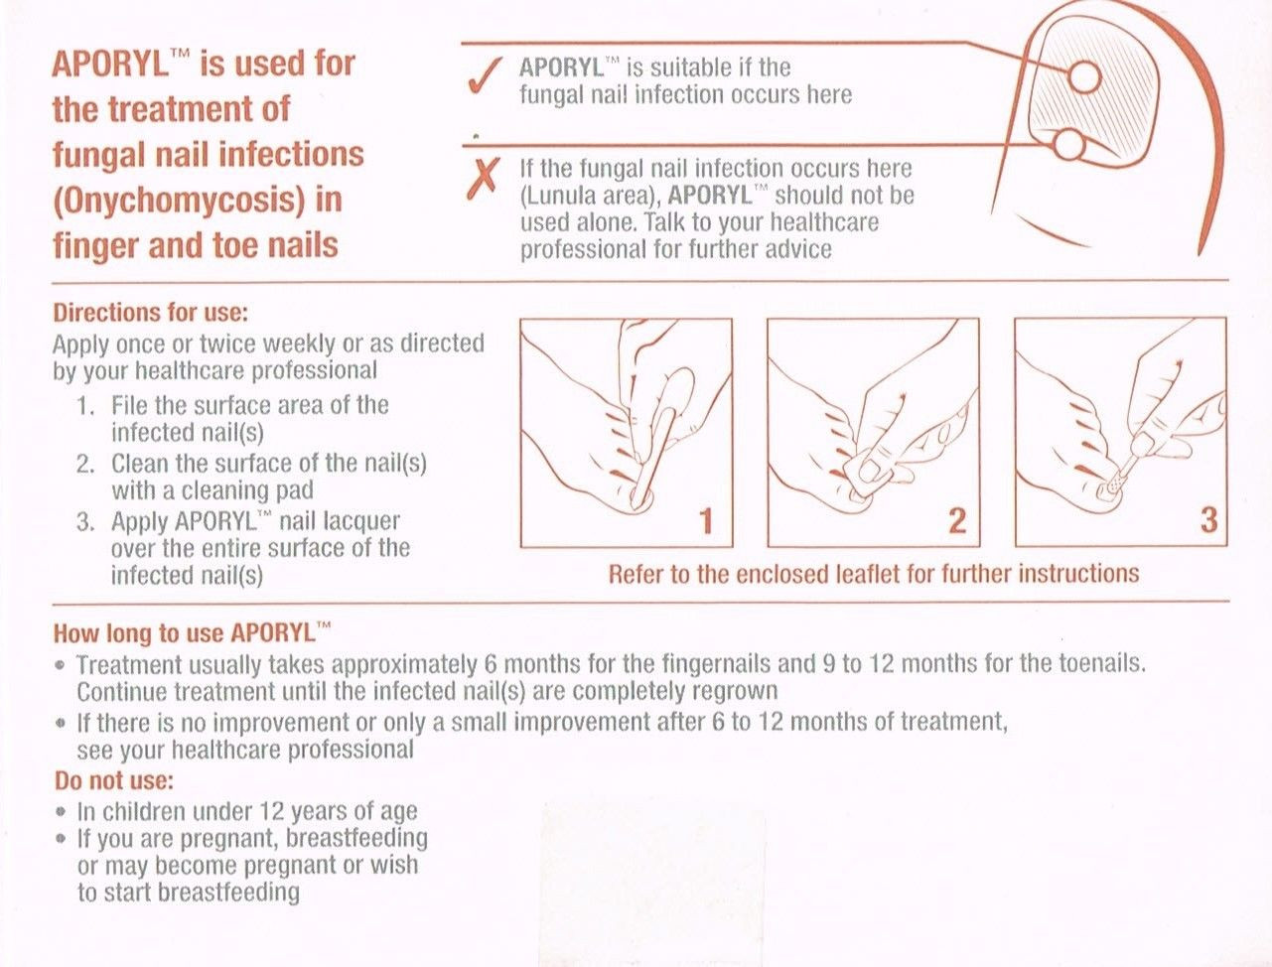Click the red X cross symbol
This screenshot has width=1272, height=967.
pos(484,180)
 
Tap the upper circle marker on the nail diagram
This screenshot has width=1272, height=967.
pos(1084,75)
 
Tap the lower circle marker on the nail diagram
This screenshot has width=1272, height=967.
pos(1065,147)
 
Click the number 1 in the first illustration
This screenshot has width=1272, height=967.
pos(706,520)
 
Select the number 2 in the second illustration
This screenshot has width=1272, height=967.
pos(956,520)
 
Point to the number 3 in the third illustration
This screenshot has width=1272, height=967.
pos(1207,520)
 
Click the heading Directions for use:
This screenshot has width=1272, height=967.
pos(150,313)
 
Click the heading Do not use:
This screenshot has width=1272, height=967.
pos(113,779)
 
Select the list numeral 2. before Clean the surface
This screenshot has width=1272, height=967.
pos(86,465)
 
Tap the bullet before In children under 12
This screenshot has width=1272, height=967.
pos(62,811)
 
